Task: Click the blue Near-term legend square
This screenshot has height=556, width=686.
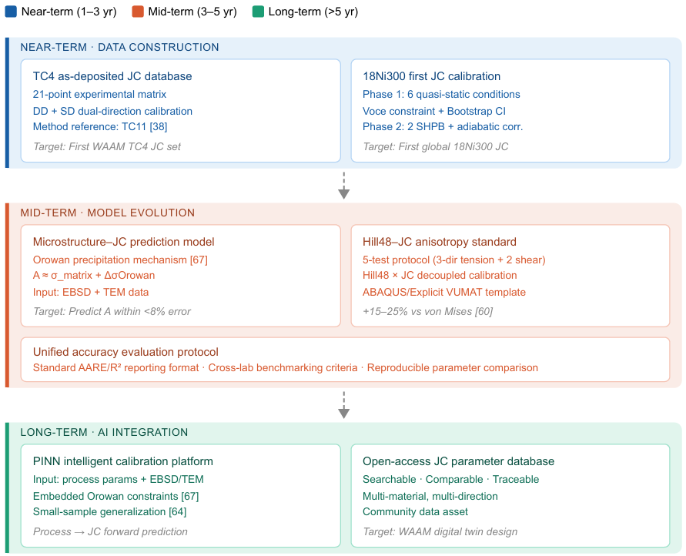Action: tap(11, 12)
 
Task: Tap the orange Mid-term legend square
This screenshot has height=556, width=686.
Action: tap(138, 12)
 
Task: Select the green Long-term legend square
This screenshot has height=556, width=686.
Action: tap(258, 12)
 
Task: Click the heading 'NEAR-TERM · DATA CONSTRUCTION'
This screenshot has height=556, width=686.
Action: tap(119, 47)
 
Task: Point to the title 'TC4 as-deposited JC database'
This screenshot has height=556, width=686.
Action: tap(112, 76)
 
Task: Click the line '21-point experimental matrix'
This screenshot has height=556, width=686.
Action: tap(100, 94)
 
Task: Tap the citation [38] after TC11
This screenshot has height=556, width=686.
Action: tap(159, 126)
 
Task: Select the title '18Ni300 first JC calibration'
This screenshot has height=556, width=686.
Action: tap(431, 76)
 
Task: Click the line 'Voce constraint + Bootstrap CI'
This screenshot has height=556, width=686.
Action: tap(434, 111)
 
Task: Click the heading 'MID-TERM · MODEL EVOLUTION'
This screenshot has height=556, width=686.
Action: tap(108, 213)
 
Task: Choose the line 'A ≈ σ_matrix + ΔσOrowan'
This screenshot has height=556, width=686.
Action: tap(94, 276)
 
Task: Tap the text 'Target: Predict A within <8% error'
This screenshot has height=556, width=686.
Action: tap(112, 311)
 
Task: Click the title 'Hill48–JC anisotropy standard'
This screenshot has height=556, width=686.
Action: tap(440, 242)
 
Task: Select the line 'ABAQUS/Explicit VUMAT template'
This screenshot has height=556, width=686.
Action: tap(444, 292)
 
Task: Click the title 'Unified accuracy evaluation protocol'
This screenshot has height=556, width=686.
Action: tap(125, 352)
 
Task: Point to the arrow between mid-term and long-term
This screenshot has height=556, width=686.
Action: tap(344, 405)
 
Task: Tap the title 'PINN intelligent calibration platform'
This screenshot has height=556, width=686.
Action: tap(123, 461)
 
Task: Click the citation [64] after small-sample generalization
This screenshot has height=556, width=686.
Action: tap(178, 512)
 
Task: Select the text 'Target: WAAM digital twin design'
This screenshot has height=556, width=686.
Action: tap(440, 531)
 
